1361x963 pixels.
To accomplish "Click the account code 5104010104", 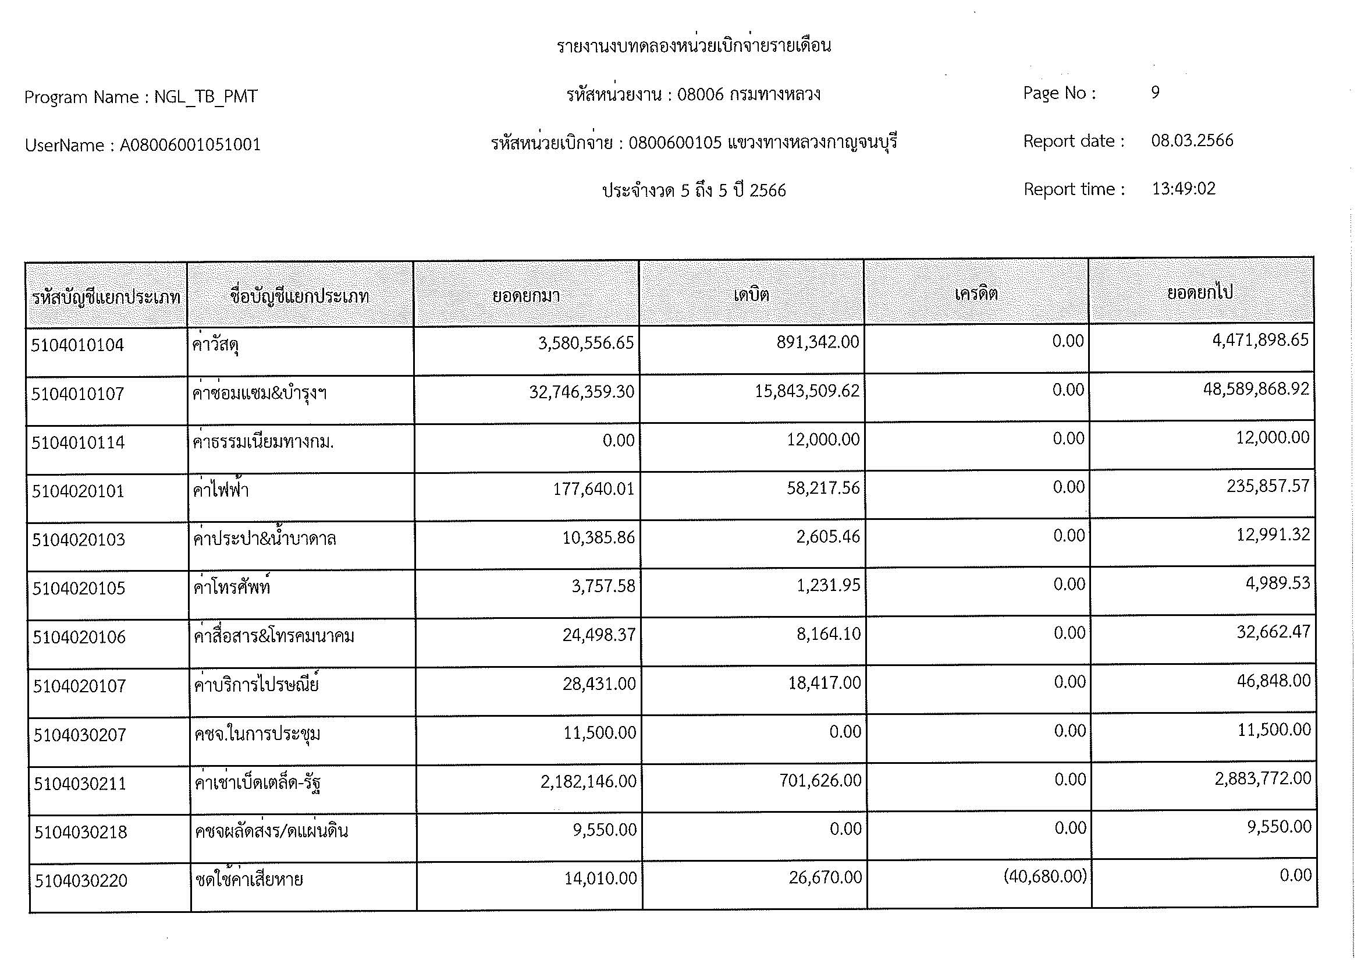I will pyautogui.click(x=77, y=345).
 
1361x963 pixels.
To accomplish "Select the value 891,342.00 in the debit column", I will pyautogui.click(x=818, y=342).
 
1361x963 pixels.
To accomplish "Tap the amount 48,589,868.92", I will pyautogui.click(x=1256, y=389).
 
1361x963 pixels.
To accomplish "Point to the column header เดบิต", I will pyautogui.click(x=751, y=294).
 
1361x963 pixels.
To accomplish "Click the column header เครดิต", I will pyautogui.click(x=976, y=293).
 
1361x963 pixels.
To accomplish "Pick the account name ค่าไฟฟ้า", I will pyautogui.click(x=221, y=491).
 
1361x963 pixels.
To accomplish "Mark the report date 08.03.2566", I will pyautogui.click(x=1192, y=140).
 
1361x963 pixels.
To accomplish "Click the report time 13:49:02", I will pyautogui.click(x=1183, y=189).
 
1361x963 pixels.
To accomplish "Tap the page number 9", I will pyautogui.click(x=1154, y=93).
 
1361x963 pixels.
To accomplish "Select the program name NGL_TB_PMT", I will pyautogui.click(x=205, y=97).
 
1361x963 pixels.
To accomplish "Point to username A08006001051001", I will pyautogui.click(x=190, y=146).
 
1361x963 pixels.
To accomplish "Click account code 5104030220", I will pyautogui.click(x=81, y=880).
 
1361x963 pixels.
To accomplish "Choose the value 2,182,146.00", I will pyautogui.click(x=588, y=781).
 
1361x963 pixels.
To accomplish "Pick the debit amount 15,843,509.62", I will pyautogui.click(x=806, y=391).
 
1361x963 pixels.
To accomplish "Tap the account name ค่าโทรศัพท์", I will pyautogui.click(x=232, y=587).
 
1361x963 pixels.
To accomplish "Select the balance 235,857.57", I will pyautogui.click(x=1267, y=486).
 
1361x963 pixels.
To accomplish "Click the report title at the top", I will pyautogui.click(x=693, y=46).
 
